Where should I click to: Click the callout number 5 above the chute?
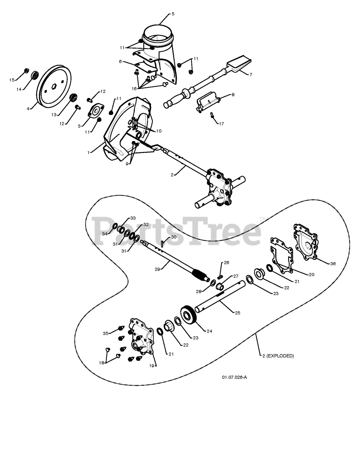(173, 14)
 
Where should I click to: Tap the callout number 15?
(12, 80)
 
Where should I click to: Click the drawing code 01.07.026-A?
(234, 377)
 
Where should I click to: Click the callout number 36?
(333, 263)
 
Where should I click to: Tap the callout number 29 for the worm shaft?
(157, 269)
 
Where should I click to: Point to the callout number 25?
(237, 313)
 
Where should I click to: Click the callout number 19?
(152, 366)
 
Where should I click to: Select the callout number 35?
(106, 333)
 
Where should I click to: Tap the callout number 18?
(102, 362)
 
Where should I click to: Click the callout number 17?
(221, 124)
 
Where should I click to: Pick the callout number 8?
(233, 95)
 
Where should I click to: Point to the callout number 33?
(133, 218)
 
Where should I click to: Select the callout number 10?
(159, 131)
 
